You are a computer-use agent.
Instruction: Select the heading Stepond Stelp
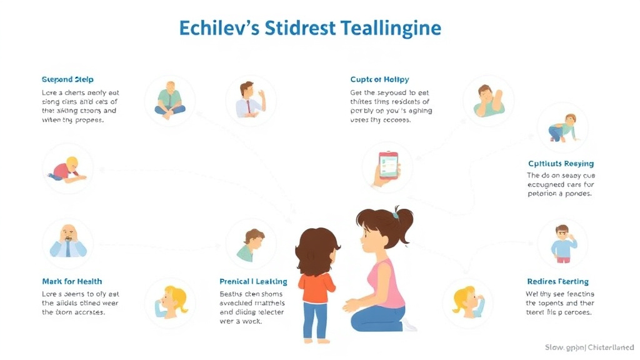coord(67,80)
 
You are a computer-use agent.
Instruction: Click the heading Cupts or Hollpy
coord(379,79)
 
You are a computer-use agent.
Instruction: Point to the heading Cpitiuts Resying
coord(561,164)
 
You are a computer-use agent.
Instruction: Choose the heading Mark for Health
coord(72,281)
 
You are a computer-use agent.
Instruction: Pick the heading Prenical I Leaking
coord(253,281)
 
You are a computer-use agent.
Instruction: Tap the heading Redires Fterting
coord(557,281)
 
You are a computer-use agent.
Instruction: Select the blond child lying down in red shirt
coord(66,169)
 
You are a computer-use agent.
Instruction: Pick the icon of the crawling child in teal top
coord(562,128)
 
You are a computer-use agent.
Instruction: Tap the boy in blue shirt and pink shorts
coord(563,243)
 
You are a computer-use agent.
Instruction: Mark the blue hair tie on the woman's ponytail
coord(395,216)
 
